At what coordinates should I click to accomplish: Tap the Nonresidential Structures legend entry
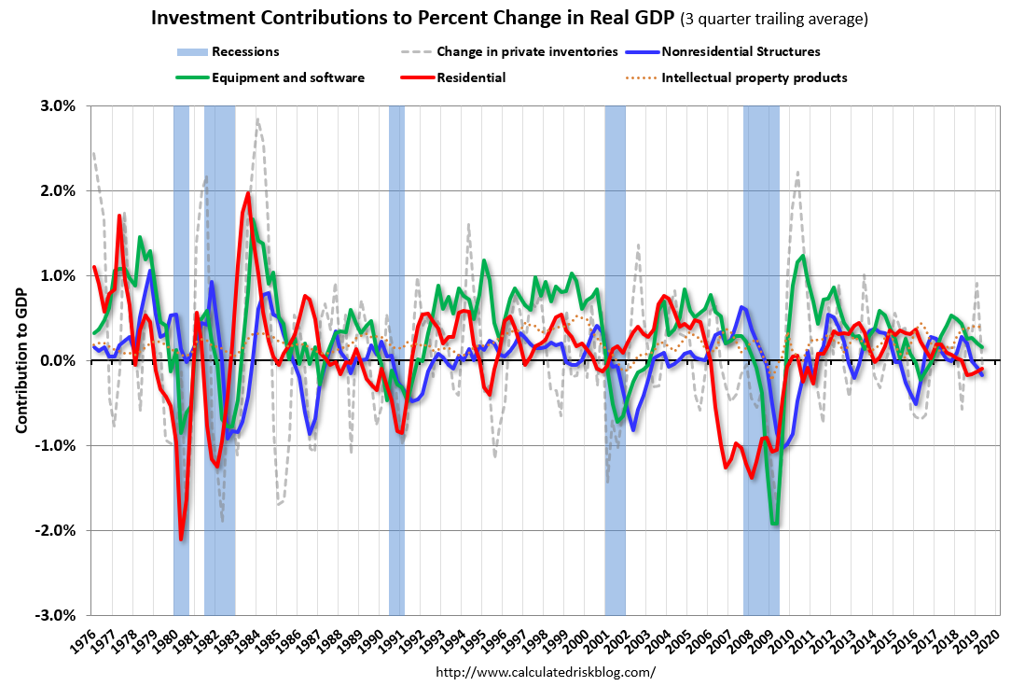point(741,51)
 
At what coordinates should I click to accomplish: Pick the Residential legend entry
point(471,77)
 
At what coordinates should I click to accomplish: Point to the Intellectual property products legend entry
point(754,77)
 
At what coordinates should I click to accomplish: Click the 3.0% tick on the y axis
point(58,105)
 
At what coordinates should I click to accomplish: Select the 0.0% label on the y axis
point(58,360)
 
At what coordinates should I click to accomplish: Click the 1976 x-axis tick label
point(86,640)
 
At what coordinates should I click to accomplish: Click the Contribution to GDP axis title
point(21,360)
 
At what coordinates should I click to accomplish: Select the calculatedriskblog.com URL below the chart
point(546,671)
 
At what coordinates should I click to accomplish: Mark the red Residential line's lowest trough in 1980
point(181,539)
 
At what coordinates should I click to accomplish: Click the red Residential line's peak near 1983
point(247,193)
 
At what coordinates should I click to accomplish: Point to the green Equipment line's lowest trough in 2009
point(774,525)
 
